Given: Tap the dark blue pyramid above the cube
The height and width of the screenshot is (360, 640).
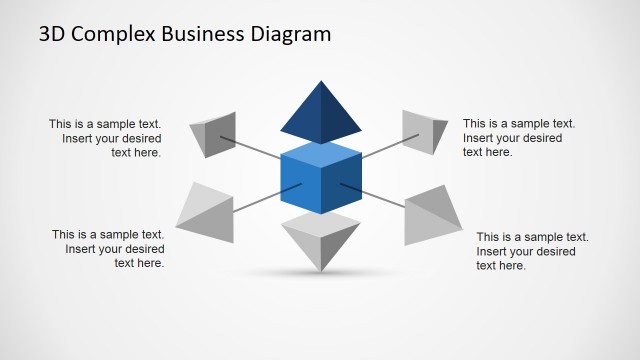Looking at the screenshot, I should coord(320,112).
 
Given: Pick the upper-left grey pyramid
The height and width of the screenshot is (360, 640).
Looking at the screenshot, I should coord(213,134).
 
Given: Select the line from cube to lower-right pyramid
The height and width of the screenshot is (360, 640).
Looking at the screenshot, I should coord(374,196).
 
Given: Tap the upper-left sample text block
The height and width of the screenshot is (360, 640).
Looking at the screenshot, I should coord(105,138).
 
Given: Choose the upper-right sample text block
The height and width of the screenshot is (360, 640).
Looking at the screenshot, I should coord(512,138).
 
